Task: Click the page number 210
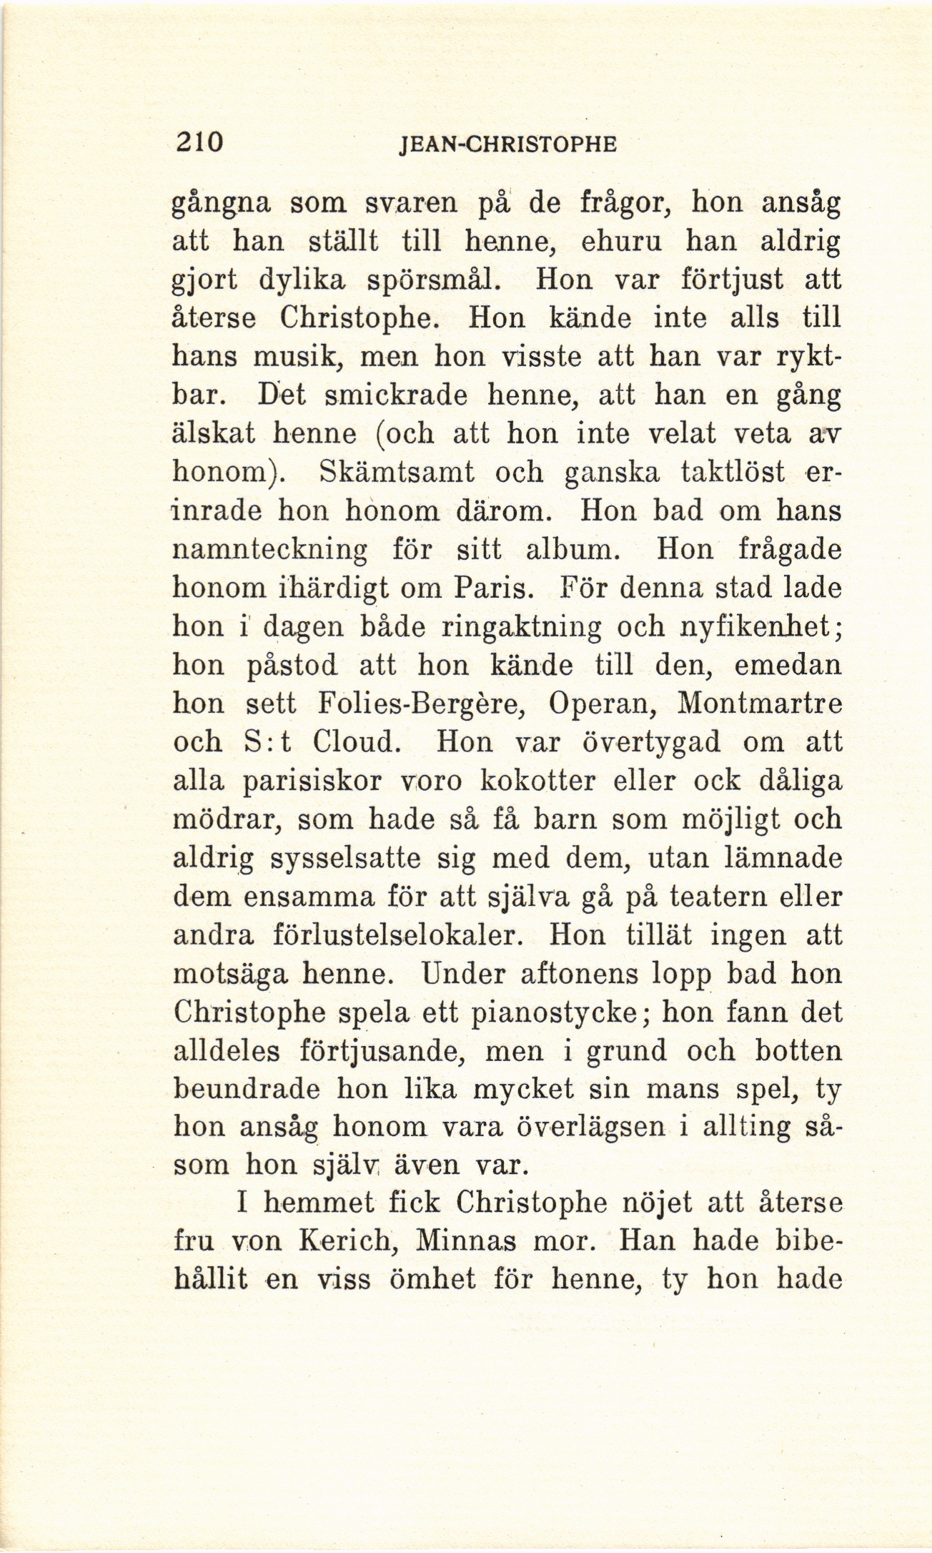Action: coord(199,142)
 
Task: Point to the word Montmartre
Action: coord(759,703)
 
